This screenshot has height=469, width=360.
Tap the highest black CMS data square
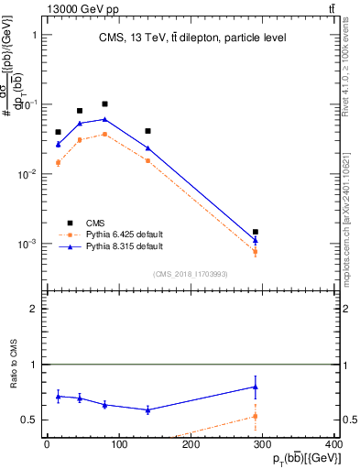coord(105,104)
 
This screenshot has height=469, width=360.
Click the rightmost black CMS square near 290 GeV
coord(256,233)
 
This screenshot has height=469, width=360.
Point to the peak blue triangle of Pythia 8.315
coord(105,119)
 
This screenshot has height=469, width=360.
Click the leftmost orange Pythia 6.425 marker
coord(59,163)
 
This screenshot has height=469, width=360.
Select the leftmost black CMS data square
coord(59,133)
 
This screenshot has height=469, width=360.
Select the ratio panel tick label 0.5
coord(30,420)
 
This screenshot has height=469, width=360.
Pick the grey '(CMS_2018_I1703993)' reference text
coord(191,274)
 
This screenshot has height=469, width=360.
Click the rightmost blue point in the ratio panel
coord(256,387)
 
